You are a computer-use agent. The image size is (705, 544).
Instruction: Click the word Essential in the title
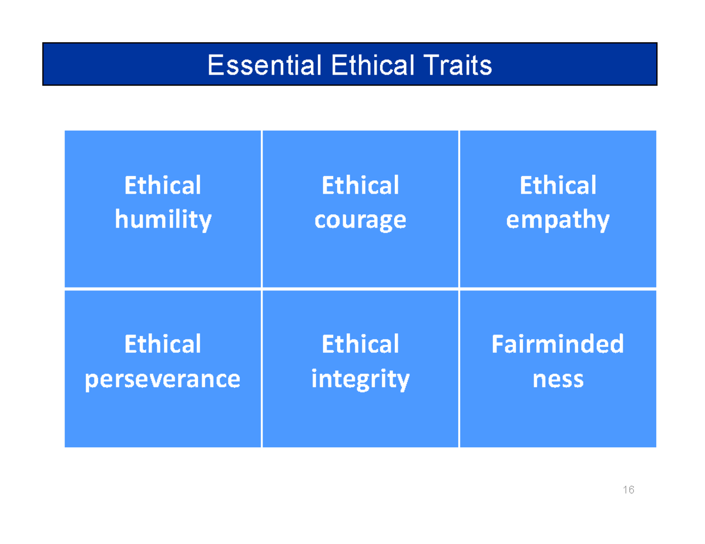coord(263,65)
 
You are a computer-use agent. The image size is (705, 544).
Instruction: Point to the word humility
coord(163,220)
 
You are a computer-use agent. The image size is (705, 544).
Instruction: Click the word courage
coord(360,221)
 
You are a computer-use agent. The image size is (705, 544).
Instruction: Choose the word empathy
coord(558,221)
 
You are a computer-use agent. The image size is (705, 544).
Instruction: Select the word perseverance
coord(163,379)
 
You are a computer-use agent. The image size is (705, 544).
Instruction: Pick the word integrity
coord(360,379)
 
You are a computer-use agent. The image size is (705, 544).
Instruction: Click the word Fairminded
coord(558,344)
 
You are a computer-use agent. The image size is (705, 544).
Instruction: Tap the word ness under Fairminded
coord(558,379)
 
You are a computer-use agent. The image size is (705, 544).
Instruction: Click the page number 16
coord(629,490)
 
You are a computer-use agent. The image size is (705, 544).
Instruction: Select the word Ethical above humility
coord(163,185)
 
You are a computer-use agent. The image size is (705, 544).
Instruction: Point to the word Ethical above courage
coord(360,185)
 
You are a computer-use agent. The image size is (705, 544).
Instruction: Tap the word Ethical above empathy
coord(558,185)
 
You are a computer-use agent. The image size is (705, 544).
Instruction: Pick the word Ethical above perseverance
coord(163,344)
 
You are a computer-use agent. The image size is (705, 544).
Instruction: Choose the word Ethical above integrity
coord(360,344)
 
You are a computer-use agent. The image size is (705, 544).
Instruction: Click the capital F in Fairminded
coord(497,344)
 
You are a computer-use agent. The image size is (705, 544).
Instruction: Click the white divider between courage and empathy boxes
coord(459,209)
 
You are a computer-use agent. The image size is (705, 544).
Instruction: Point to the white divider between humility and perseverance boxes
coord(163,289)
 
